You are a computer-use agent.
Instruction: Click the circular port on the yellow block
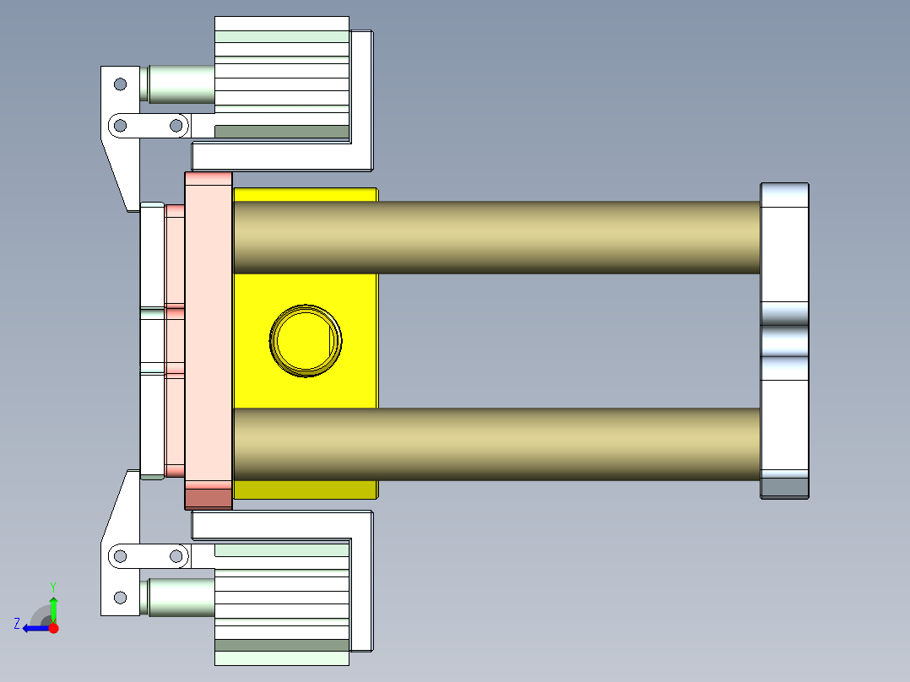click(x=306, y=341)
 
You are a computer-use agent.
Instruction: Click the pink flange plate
click(x=208, y=338)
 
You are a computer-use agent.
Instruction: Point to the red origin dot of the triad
click(x=53, y=628)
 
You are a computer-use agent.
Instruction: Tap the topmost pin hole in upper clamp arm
click(x=120, y=84)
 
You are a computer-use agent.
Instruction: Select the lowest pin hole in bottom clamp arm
click(x=120, y=598)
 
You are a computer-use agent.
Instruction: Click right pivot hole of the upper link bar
click(x=176, y=126)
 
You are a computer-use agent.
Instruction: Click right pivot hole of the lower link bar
click(x=176, y=555)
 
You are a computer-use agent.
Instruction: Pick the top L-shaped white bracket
click(x=362, y=101)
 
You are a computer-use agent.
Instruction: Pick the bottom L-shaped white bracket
click(x=362, y=582)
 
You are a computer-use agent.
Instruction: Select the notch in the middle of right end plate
click(x=784, y=341)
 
